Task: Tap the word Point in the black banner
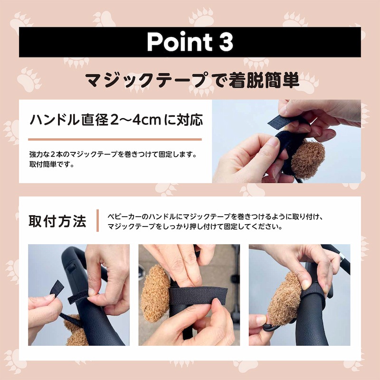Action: pos(180,42)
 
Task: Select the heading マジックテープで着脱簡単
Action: pos(192,80)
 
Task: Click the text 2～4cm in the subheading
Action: pos(135,120)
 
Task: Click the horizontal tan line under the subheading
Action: pos(115,139)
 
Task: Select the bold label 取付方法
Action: pos(57,221)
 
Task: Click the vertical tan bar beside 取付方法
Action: pos(98,220)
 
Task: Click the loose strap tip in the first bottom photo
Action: pos(57,288)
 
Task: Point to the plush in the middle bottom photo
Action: pos(155,294)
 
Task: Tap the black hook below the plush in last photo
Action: pos(271,328)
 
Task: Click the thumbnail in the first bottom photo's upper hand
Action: pos(92,292)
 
